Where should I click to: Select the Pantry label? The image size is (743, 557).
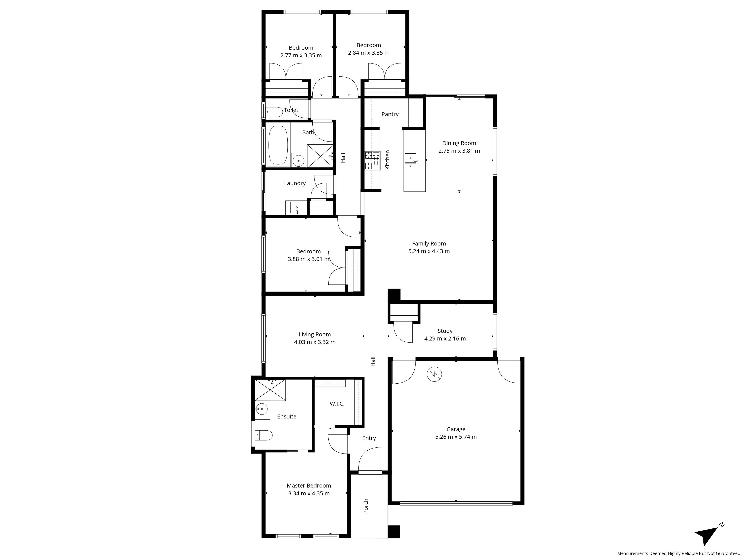[390, 114]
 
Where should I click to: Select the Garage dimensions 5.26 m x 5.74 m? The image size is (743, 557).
[456, 437]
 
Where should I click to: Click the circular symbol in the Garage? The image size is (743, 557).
[434, 374]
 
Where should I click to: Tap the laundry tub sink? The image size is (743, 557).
[297, 208]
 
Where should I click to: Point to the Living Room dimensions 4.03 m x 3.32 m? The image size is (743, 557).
[315, 342]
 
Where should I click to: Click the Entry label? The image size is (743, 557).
[369, 438]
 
